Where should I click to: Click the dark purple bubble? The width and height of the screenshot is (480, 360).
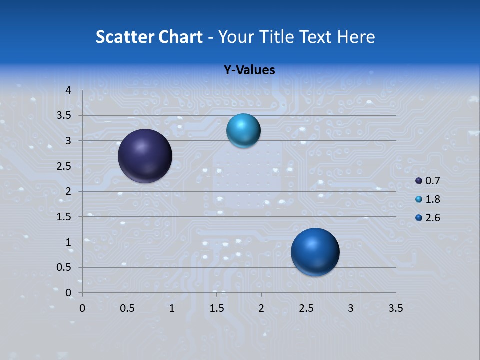(145, 156)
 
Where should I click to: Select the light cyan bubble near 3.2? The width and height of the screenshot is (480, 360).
(243, 131)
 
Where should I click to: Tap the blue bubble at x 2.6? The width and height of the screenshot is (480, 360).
(315, 252)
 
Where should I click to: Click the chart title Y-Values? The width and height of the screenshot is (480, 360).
(249, 70)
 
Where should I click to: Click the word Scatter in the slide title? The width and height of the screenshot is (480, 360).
(125, 37)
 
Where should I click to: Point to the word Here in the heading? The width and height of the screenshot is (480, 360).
(356, 37)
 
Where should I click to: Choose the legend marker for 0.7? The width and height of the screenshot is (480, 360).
(419, 181)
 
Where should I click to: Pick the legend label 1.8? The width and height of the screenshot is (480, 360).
(432, 199)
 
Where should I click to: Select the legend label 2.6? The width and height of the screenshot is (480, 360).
(432, 218)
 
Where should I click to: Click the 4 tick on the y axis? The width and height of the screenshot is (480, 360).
(69, 90)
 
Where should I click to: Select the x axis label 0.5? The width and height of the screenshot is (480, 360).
(127, 308)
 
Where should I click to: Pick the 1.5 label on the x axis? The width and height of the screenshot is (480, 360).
(217, 308)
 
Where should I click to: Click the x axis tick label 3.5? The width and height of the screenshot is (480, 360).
(396, 308)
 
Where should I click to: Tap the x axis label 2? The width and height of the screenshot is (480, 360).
(261, 308)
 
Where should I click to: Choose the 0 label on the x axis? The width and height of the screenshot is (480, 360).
(83, 308)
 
